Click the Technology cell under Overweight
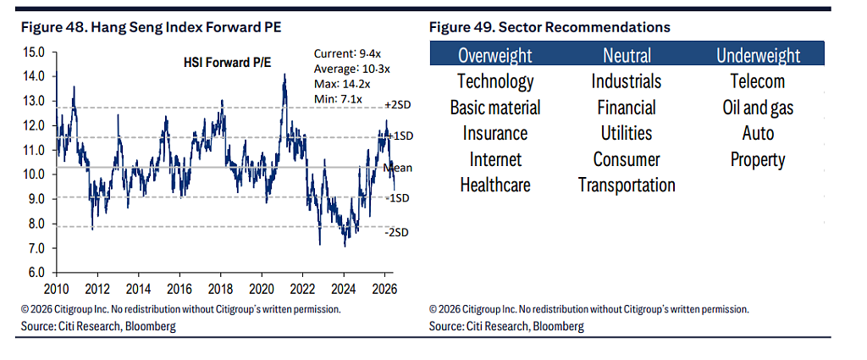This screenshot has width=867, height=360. [495, 81]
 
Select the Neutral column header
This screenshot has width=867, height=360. [627, 55]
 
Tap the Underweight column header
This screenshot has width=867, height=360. [758, 55]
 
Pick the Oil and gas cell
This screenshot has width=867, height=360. [758, 108]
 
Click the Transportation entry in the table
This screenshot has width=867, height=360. [627, 185]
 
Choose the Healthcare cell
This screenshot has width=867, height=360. [495, 185]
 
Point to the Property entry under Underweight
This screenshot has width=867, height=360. [758, 160]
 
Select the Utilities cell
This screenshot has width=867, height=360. [627, 133]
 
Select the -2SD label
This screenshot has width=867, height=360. [396, 232]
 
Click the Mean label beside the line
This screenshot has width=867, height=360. [397, 168]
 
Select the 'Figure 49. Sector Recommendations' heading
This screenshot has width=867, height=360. [549, 27]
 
